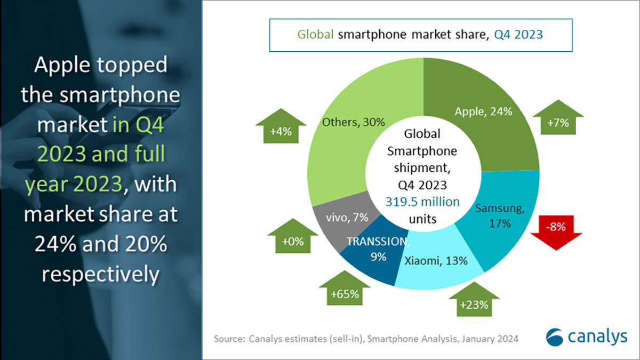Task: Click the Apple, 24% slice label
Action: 484,111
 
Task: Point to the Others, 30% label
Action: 353,122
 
